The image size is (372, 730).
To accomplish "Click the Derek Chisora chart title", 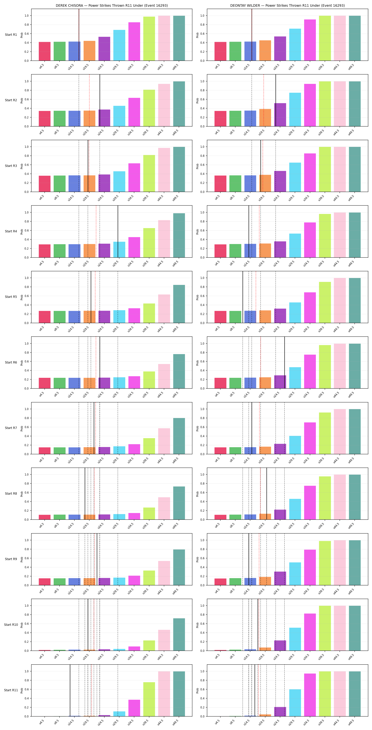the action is point(112,5).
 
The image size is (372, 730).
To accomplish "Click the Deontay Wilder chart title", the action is point(288,5).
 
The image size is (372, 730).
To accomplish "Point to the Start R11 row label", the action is point(11,690).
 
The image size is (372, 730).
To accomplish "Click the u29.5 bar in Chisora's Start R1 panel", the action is point(119,45).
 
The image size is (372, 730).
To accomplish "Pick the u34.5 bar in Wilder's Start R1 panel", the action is point(310,40).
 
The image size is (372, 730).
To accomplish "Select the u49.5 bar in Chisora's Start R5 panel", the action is point(179,304).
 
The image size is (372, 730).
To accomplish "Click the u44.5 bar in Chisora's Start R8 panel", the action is point(164,508).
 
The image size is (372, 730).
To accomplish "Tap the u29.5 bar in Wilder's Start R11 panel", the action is point(295,703).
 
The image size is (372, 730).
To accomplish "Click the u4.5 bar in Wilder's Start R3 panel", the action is point(221,184).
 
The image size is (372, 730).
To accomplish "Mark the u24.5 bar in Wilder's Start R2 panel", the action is point(280,115).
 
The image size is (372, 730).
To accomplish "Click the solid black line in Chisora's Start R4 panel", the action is point(118,231).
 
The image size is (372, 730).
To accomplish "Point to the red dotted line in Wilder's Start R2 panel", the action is point(264,100).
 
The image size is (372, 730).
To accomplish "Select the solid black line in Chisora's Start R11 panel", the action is point(70,690).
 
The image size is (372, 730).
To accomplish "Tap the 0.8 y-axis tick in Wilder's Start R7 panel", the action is point(202,418).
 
